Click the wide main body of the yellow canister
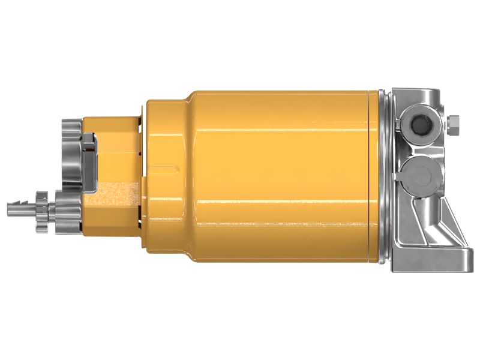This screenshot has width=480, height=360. (x=282, y=177)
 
